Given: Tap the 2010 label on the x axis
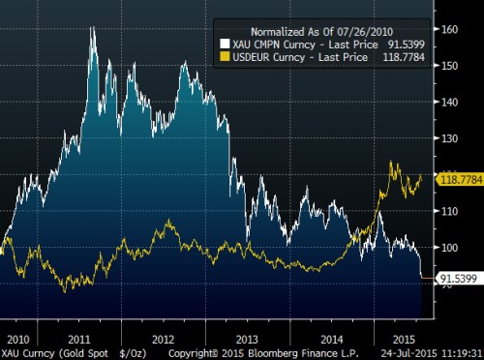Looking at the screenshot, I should [x=16, y=339].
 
